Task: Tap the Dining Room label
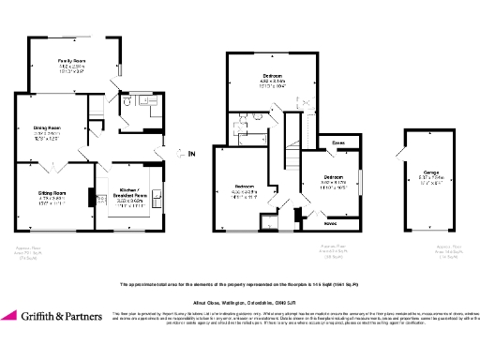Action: [x=48, y=127]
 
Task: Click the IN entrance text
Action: [x=192, y=152]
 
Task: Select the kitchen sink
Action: [x=157, y=196]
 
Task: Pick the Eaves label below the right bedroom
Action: [x=331, y=223]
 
